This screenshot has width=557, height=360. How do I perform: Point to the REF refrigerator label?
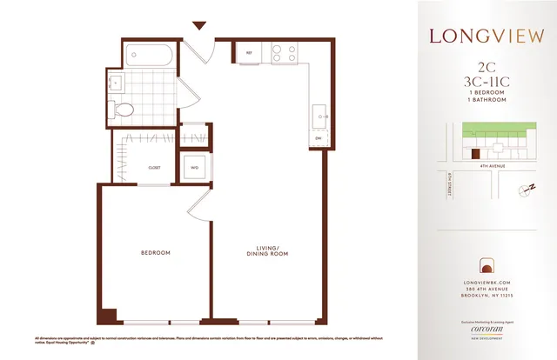(x=248, y=53)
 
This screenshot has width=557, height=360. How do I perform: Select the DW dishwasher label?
(x=317, y=138)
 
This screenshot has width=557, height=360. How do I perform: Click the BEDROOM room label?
(x=155, y=253)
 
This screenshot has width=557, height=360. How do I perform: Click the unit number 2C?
(x=487, y=66)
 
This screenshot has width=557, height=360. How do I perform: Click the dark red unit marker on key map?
(x=475, y=154)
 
